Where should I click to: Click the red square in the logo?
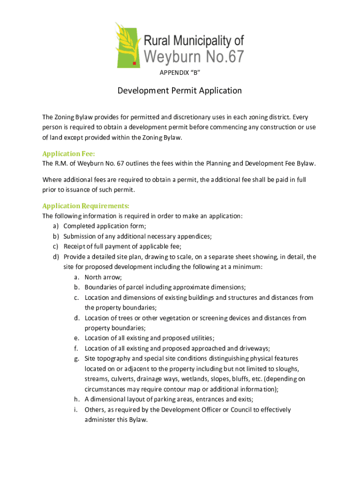pos(134,62)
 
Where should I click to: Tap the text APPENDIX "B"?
pos(180,73)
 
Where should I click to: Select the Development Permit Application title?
pos(180,91)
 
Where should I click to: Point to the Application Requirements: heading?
pos(86,206)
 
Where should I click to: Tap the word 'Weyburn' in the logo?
pos(173,57)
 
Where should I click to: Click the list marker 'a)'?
pos(56,226)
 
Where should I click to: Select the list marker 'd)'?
pos(56,257)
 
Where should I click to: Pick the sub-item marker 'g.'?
pos(76,359)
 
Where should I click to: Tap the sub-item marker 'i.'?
pos(76,410)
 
